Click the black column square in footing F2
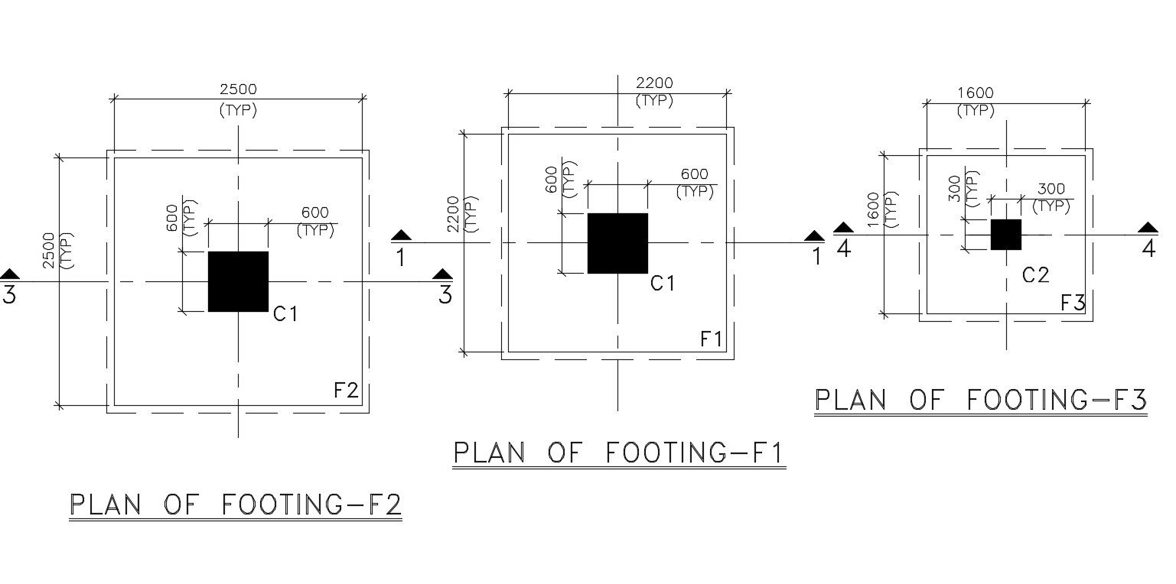click(x=238, y=281)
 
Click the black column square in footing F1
click(x=617, y=243)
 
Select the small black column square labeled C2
click(x=1005, y=235)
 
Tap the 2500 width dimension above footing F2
click(x=238, y=89)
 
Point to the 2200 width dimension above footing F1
click(x=654, y=83)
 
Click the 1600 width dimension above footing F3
click(x=975, y=93)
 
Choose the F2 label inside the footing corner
click(x=346, y=391)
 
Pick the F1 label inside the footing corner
click(x=712, y=339)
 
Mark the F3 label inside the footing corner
click(x=1073, y=303)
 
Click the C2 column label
click(x=1035, y=275)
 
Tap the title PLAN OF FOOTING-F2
click(x=236, y=505)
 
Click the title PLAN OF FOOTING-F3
click(x=980, y=400)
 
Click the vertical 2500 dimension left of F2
click(x=49, y=250)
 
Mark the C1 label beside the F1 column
click(x=663, y=284)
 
